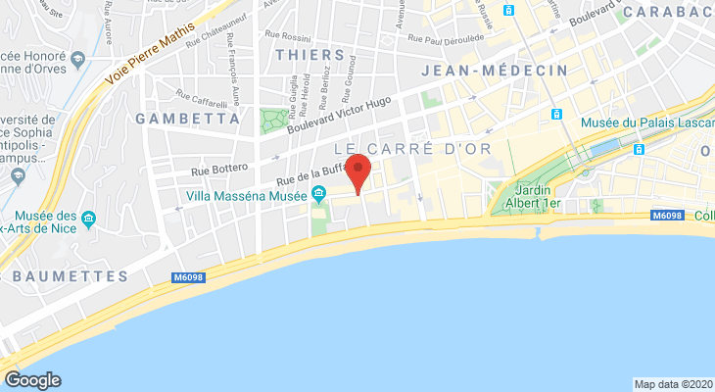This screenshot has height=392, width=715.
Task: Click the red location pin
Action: (x=359, y=171)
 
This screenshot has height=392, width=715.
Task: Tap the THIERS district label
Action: (x=310, y=55)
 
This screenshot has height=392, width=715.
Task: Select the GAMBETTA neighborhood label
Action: (x=189, y=119)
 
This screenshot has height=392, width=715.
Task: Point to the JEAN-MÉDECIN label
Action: (x=495, y=71)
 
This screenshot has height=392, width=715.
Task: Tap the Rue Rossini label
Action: (x=278, y=35)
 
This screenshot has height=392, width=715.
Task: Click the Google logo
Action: (x=32, y=380)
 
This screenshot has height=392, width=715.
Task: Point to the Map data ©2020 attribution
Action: (x=673, y=383)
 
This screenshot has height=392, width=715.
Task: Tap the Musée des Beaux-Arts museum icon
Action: (x=89, y=217)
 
